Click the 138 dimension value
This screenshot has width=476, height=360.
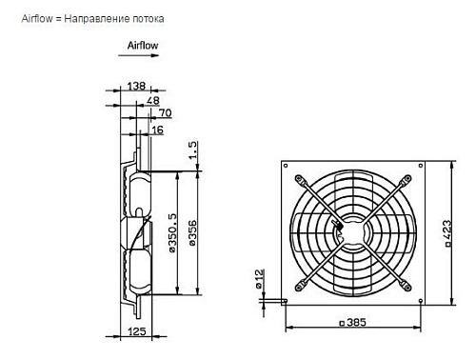[x=136, y=86]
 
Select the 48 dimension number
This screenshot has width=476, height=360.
[x=152, y=101]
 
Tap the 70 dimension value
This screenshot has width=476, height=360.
[x=165, y=113]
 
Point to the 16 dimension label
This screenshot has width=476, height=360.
[x=157, y=130]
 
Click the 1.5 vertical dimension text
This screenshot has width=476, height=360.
[x=192, y=150]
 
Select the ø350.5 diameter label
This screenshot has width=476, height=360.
[x=171, y=232]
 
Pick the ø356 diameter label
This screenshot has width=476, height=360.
[x=192, y=233]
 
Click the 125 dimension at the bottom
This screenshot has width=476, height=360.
[x=137, y=331]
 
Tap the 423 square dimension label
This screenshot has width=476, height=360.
[x=446, y=233]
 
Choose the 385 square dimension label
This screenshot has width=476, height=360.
[x=353, y=323]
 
